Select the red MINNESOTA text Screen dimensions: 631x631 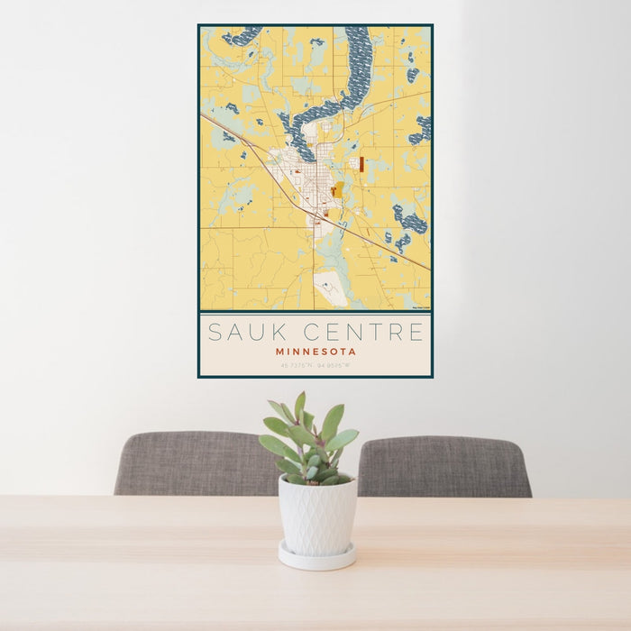[x=315, y=352]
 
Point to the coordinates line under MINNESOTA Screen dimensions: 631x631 [x=315, y=365]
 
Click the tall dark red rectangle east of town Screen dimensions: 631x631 [x=361, y=164]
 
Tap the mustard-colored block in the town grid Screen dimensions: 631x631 [x=337, y=189]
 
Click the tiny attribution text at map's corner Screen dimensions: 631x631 [x=420, y=307]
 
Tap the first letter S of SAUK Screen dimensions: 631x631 [x=215, y=332]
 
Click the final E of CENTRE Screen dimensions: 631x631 [x=416, y=332]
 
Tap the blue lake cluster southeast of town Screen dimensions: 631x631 [x=410, y=221]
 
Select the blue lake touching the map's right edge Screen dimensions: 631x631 [x=421, y=128]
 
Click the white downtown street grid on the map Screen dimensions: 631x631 [x=311, y=180]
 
